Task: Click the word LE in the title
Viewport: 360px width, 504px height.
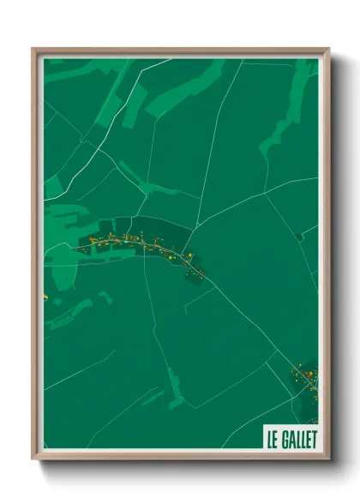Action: [272, 440]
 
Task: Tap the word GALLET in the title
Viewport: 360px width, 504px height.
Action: [297, 440]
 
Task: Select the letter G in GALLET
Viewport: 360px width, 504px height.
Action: [284, 440]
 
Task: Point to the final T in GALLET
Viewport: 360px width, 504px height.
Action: [313, 440]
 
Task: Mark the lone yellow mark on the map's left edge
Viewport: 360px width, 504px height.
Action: [45, 297]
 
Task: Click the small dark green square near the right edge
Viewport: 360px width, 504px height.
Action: [298, 236]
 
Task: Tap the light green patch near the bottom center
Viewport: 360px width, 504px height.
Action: [175, 390]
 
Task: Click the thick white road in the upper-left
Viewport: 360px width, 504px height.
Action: [77, 163]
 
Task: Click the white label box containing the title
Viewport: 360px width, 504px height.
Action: [291, 440]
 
